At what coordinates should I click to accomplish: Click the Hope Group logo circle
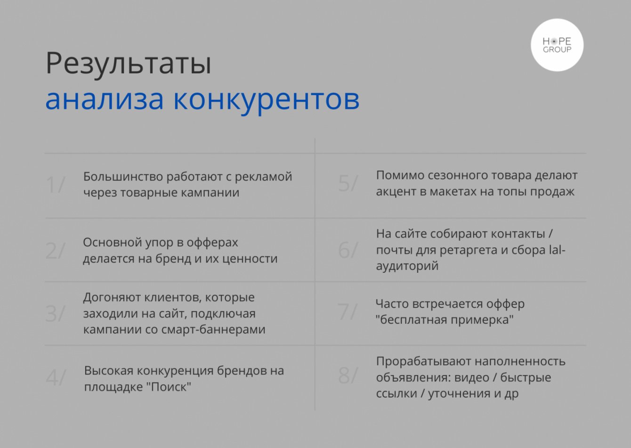click(557, 45)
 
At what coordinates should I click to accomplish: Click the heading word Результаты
click(129, 64)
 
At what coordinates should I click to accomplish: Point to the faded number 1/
click(56, 185)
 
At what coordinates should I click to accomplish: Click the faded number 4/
click(56, 377)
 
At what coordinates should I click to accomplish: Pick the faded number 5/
click(348, 183)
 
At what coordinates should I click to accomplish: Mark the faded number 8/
click(348, 375)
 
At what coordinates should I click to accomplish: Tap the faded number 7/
click(348, 312)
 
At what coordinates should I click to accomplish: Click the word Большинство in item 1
click(123, 177)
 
